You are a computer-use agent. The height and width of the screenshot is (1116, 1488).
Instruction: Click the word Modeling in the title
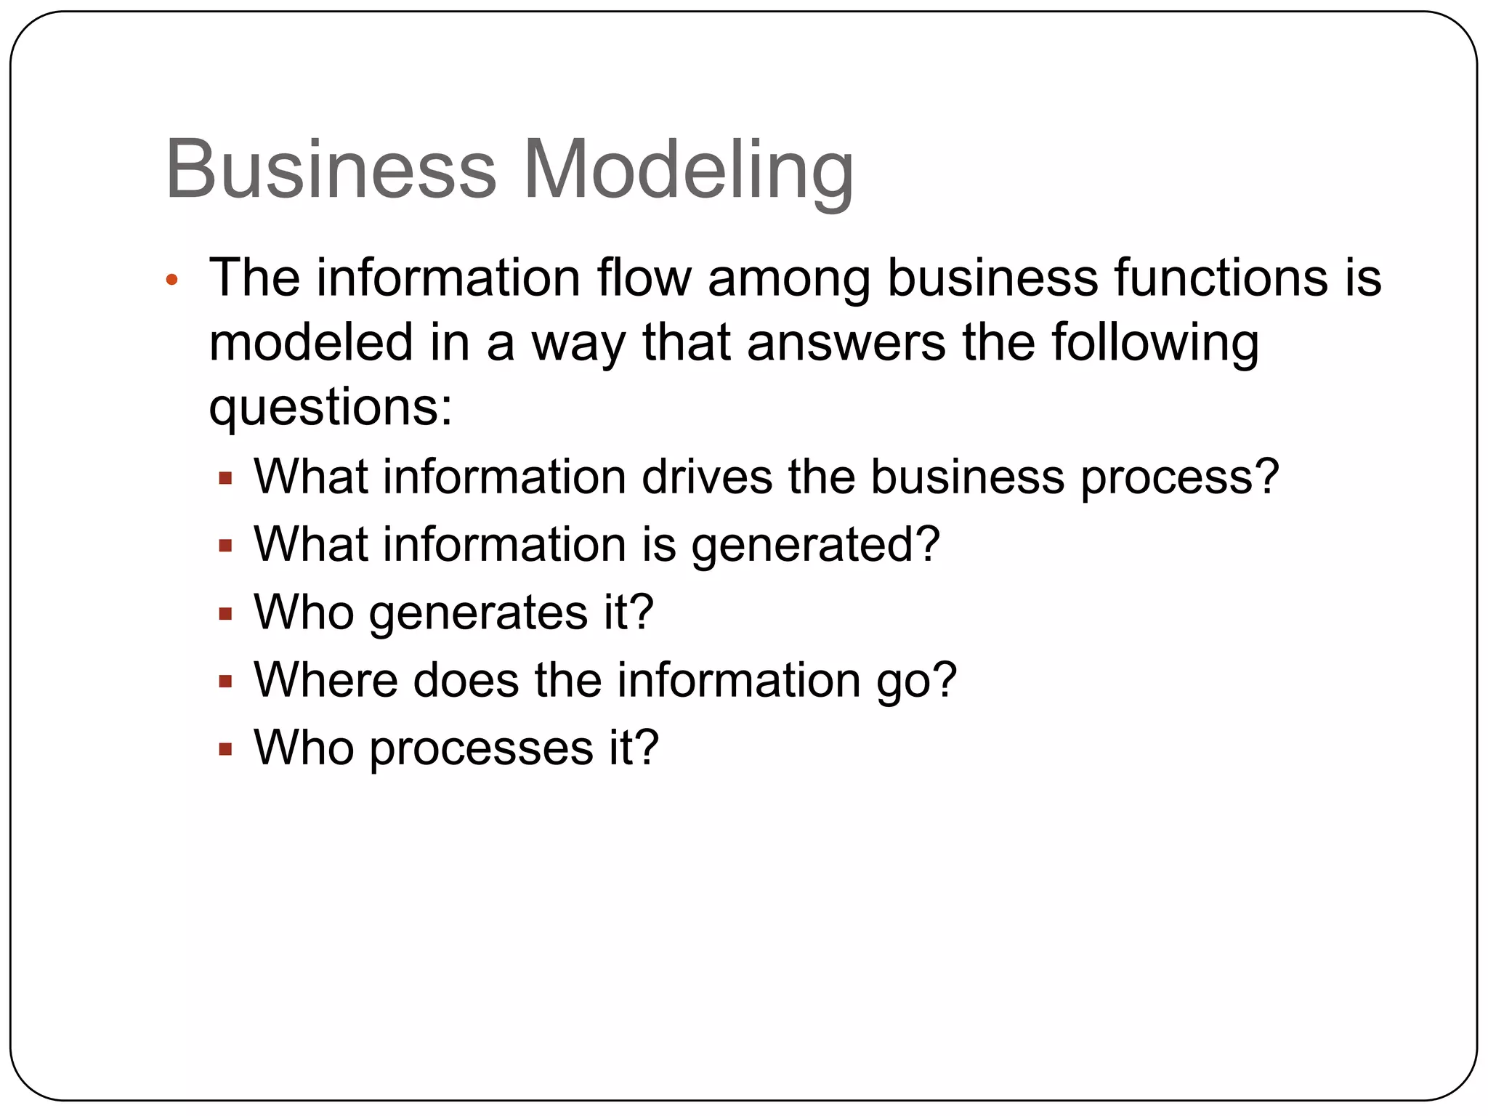[687, 171]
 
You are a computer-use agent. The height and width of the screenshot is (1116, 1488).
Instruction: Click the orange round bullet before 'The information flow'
[171, 280]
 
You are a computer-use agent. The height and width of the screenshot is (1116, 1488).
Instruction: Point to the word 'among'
[789, 280]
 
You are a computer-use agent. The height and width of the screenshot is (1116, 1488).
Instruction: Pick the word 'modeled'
[311, 342]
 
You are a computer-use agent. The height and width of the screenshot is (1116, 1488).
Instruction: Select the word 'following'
[1155, 344]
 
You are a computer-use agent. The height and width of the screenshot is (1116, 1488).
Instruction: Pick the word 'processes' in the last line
[481, 749]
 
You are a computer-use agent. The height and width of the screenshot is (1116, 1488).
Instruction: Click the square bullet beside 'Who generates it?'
[225, 615]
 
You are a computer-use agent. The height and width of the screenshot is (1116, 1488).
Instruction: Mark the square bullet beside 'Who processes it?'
[225, 749]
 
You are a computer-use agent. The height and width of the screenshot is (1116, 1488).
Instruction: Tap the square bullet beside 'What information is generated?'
[225, 546]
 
